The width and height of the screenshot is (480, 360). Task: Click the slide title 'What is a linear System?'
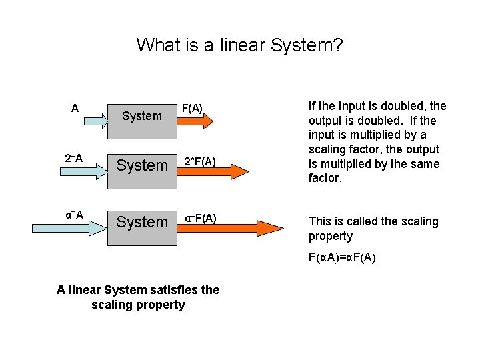(x=239, y=45)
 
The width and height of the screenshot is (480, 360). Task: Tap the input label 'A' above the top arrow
(x=75, y=108)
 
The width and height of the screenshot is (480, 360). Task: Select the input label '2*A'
(x=74, y=158)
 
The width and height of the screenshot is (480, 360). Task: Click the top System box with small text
(x=142, y=116)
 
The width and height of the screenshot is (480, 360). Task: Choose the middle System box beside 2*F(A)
(x=142, y=165)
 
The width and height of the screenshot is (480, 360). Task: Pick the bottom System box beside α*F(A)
(x=142, y=222)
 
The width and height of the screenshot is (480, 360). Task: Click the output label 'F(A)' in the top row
(x=192, y=108)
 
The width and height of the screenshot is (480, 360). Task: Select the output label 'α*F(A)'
(x=201, y=218)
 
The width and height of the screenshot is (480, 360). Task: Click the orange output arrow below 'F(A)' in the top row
(x=195, y=121)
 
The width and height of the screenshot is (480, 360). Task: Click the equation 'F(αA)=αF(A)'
(x=342, y=257)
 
